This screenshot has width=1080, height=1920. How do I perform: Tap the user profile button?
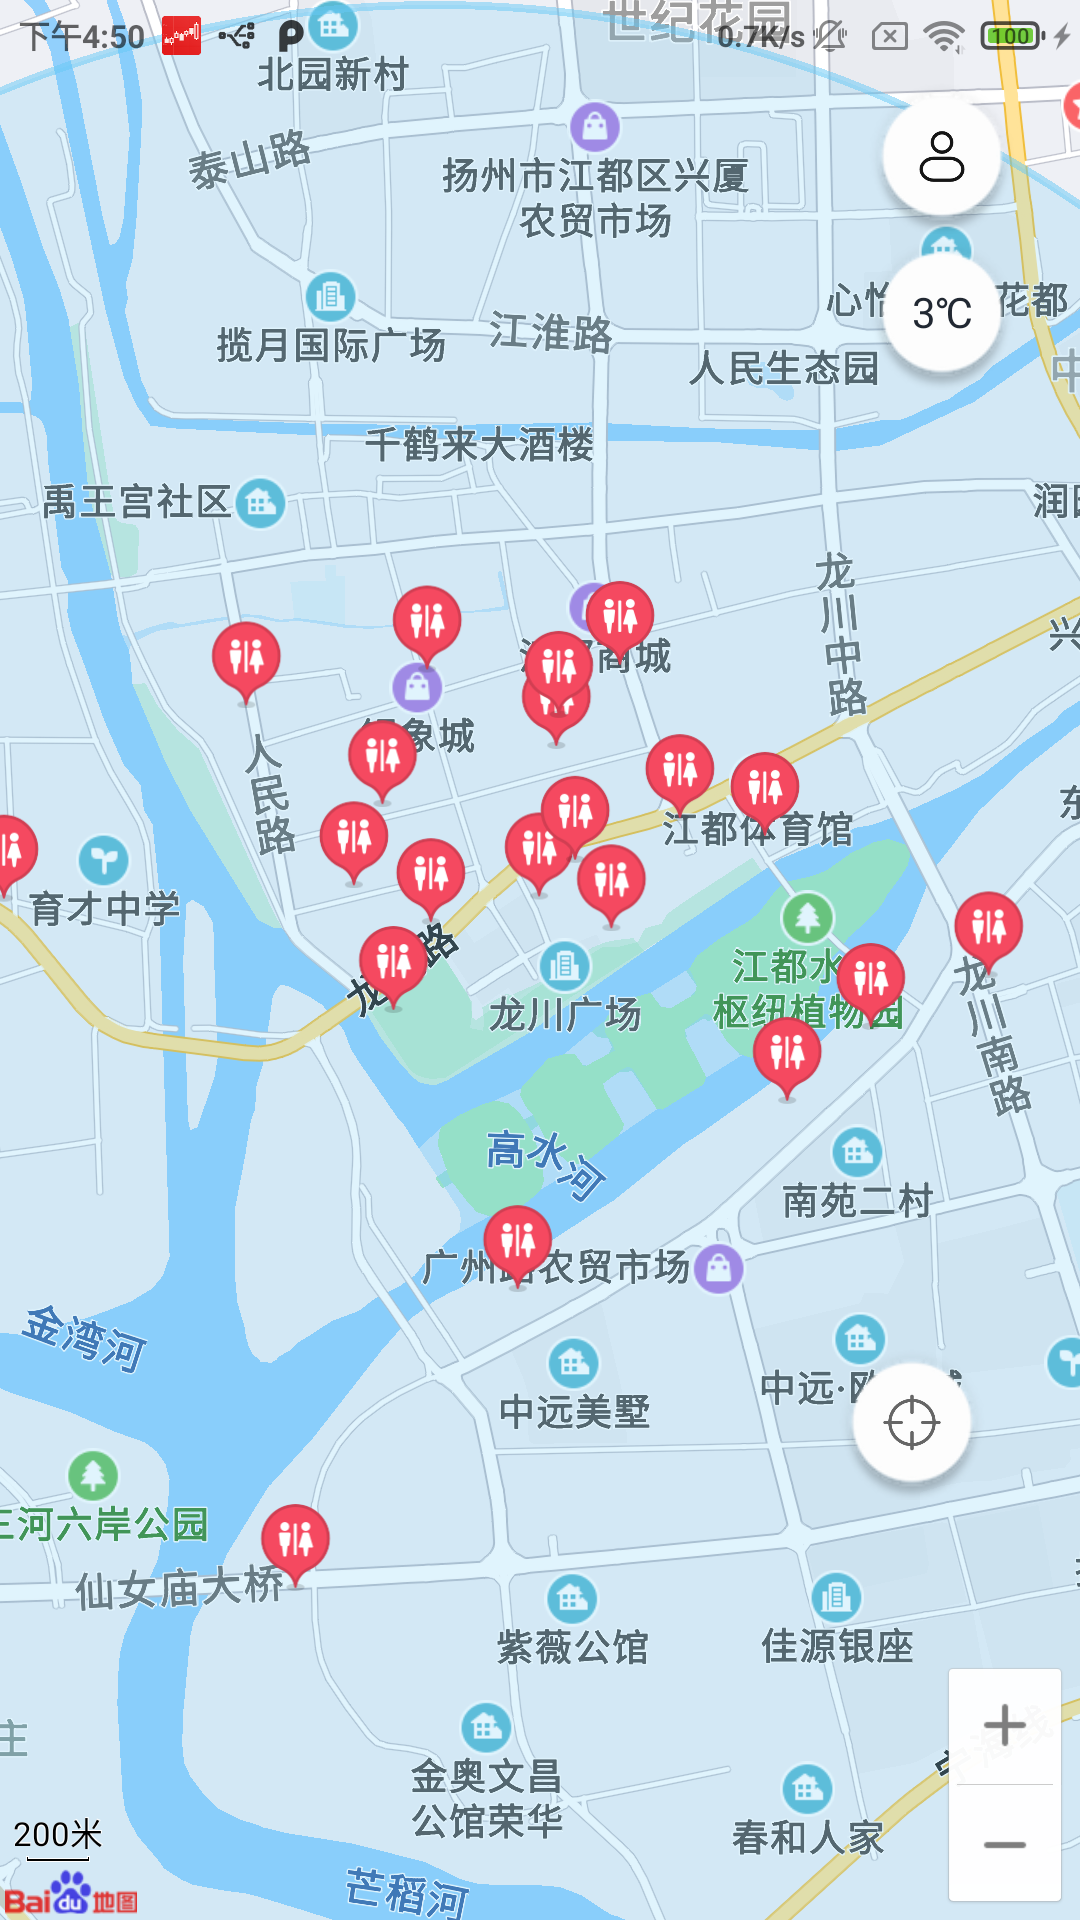pyautogui.click(x=941, y=156)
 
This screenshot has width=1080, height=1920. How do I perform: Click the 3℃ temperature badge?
pyautogui.click(x=942, y=313)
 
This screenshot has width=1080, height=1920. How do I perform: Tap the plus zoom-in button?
pyautogui.click(x=1004, y=1725)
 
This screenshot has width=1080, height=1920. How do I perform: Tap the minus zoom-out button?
pyautogui.click(x=1004, y=1845)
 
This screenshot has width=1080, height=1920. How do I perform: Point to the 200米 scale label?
pyautogui.click(x=58, y=1835)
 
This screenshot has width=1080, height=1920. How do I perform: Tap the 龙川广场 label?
pyautogui.click(x=565, y=1014)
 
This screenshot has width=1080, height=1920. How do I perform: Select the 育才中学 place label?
pyautogui.click(x=105, y=908)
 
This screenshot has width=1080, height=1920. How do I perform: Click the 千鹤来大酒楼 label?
pyautogui.click(x=479, y=444)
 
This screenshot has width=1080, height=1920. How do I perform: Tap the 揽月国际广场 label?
pyautogui.click(x=331, y=345)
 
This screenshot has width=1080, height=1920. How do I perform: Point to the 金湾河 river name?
pyautogui.click(x=86, y=1338)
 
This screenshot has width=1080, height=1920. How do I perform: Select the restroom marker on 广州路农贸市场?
pyautogui.click(x=517, y=1240)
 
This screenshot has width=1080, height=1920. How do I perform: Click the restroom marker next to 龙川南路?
pyautogui.click(x=988, y=926)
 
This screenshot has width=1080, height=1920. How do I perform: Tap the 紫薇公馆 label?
pyautogui.click(x=573, y=1646)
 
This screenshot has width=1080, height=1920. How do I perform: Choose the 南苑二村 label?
pyautogui.click(x=857, y=1200)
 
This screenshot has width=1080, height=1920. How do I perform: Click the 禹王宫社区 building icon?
pyautogui.click(x=261, y=502)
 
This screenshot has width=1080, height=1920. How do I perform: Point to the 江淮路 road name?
pyautogui.click(x=551, y=332)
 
